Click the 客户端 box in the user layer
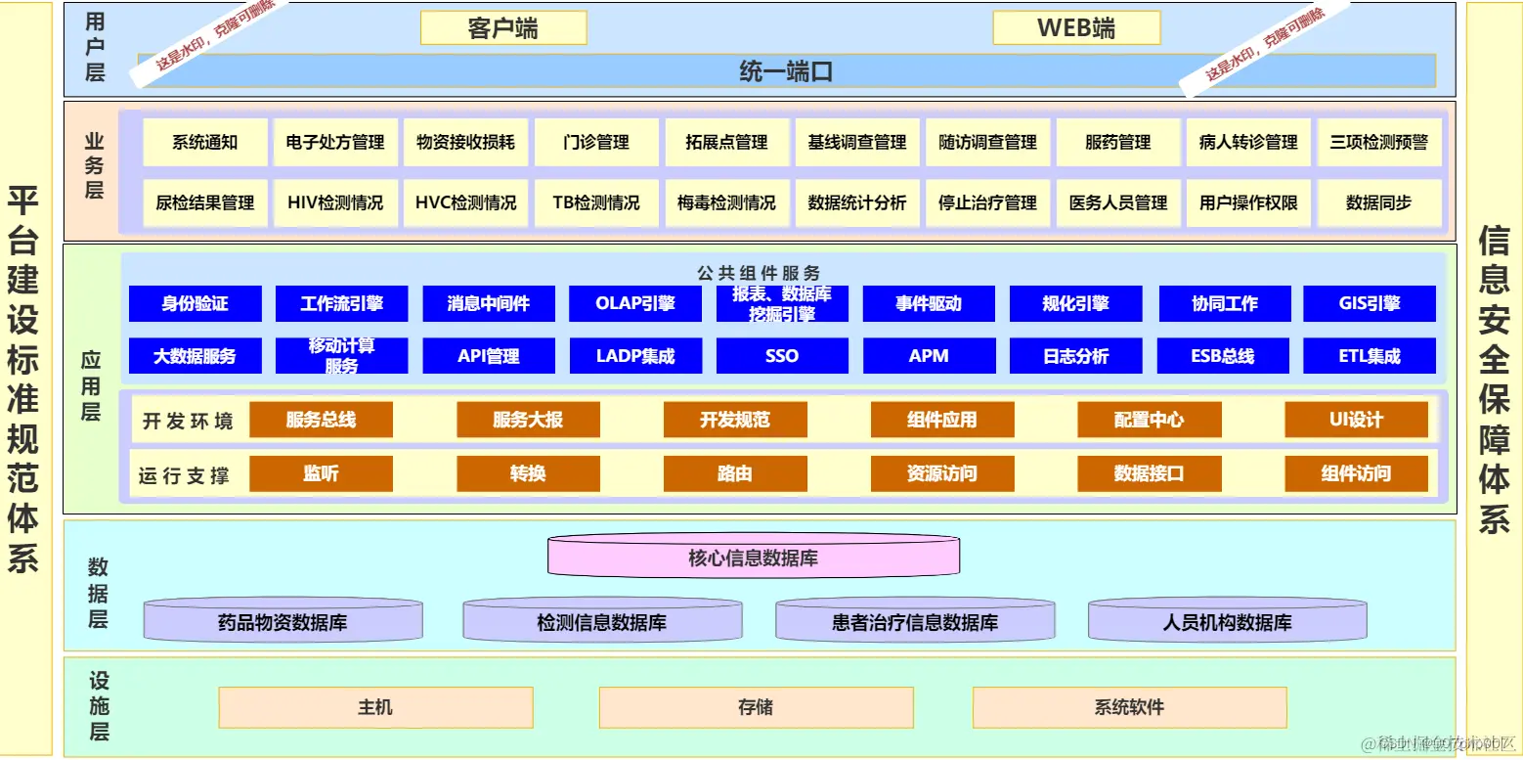pos(503,28)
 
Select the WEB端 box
pos(1076,28)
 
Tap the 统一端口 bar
pos(786,71)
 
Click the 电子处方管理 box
pos(335,143)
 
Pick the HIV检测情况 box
pos(335,203)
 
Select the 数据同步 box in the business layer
pos(1378,203)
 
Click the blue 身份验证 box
pos(196,304)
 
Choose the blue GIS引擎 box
pos(1370,304)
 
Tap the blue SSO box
pos(782,356)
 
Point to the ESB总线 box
pos(1223,356)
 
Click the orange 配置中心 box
pos(1150,421)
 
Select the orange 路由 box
pos(735,474)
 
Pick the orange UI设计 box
pos(1356,421)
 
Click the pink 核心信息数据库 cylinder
pos(753,559)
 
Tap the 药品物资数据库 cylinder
pos(283,621)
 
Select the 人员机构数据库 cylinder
pos(1227,621)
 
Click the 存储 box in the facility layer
pos(756,707)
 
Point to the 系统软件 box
pos(1129,707)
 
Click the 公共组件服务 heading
pos(759,273)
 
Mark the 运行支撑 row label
pos(184,476)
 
